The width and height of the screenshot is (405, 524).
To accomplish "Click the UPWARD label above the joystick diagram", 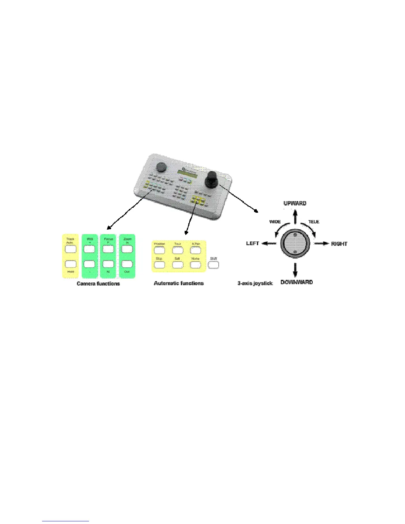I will (x=295, y=203).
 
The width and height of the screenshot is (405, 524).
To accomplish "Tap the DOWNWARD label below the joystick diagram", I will (x=296, y=282).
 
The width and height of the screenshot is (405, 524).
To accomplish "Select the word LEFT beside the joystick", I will (x=252, y=243).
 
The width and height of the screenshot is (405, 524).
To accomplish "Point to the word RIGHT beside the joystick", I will (x=339, y=244).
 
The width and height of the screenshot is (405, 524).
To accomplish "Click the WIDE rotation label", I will (x=275, y=222).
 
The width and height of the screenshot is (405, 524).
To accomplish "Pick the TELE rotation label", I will (x=314, y=222).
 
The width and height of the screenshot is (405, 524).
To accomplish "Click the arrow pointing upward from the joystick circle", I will (x=295, y=218).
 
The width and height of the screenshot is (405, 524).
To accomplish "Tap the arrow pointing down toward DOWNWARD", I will (x=295, y=269).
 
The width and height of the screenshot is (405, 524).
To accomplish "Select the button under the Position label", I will (x=159, y=250).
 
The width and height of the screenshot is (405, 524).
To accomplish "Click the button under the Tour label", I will (x=178, y=250).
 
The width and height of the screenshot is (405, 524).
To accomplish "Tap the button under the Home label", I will (x=196, y=264).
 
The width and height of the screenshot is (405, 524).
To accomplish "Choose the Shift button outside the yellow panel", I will (x=213, y=264).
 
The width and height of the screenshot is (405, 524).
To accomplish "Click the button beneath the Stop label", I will (x=159, y=264).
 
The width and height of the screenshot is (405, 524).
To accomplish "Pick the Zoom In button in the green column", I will (x=127, y=249).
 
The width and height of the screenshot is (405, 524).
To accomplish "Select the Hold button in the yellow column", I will (x=70, y=264).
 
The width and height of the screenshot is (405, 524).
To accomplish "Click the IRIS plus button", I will (x=89, y=249).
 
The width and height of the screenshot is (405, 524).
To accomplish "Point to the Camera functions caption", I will (x=98, y=284).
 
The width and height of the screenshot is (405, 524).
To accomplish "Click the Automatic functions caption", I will (x=179, y=283).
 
